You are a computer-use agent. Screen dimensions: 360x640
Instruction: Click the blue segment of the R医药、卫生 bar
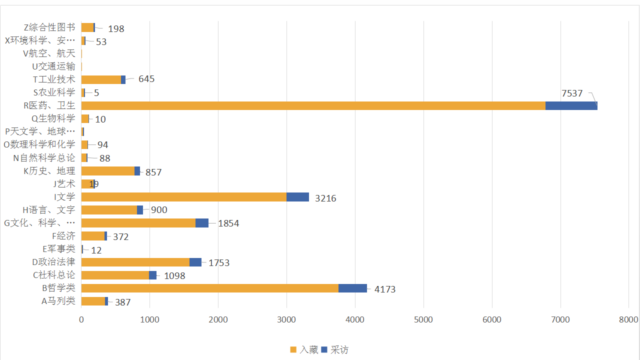pyautogui.click(x=571, y=105)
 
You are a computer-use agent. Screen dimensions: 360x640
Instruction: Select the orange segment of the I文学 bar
pyautogui.click(x=183, y=197)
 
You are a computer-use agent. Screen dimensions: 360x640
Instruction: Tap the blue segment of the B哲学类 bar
pyautogui.click(x=352, y=288)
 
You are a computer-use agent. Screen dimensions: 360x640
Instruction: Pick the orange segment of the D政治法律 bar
pyautogui.click(x=135, y=262)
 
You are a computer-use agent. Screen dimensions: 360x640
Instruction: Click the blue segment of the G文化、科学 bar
pyautogui.click(x=201, y=223)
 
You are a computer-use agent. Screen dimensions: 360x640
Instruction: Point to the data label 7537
pyautogui.click(x=572, y=93)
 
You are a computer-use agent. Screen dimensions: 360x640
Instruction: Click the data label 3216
pyautogui.click(x=325, y=198)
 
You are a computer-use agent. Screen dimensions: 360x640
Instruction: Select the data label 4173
pyautogui.click(x=385, y=289)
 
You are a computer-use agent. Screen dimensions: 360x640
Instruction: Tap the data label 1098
pyautogui.click(x=174, y=276)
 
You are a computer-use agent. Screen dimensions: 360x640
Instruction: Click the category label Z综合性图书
pyautogui.click(x=49, y=27)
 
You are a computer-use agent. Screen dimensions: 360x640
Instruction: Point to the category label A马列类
pyautogui.click(x=58, y=301)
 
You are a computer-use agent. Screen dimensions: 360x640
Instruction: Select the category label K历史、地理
pyautogui.click(x=49, y=171)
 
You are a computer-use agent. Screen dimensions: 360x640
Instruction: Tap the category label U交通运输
pyautogui.click(x=53, y=66)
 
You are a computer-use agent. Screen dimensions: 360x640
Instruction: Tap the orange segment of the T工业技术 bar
pyautogui.click(x=101, y=79)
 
